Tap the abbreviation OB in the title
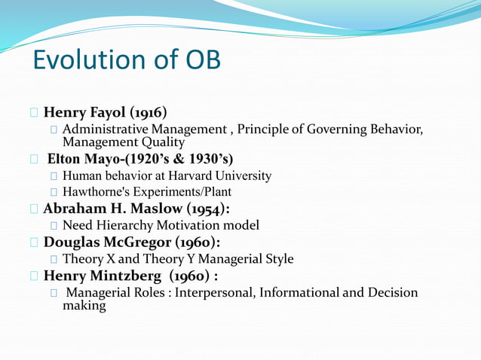[198, 59]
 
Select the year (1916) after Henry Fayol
[148, 113]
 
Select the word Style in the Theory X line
[277, 259]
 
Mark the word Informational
[299, 292]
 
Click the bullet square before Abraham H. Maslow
[35, 209]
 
